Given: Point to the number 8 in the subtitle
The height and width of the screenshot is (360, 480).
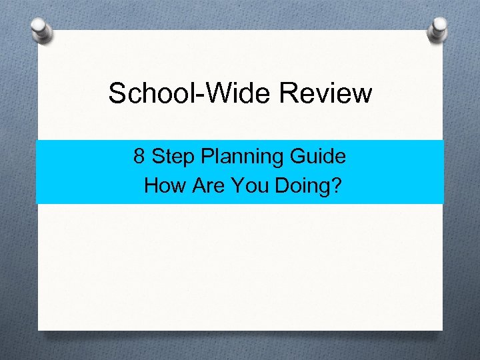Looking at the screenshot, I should click(x=139, y=157).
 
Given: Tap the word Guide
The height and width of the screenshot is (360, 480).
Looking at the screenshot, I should click(x=318, y=157).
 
